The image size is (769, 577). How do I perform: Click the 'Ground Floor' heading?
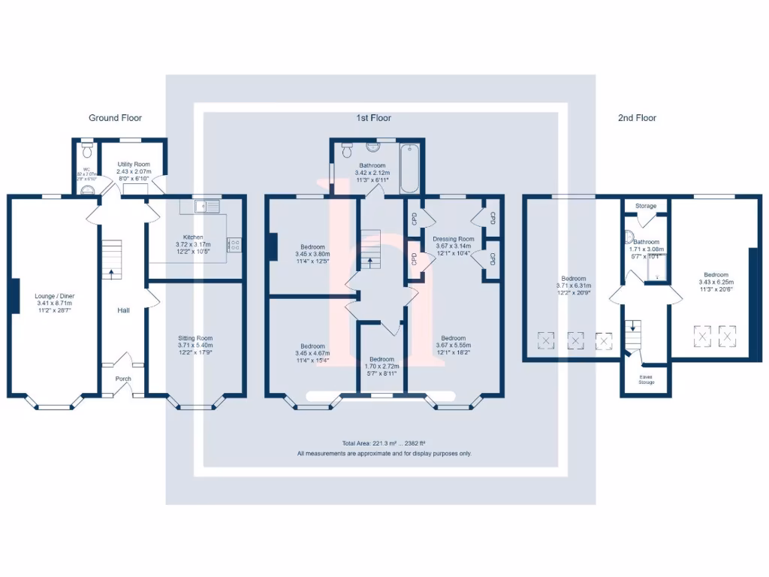[x=115, y=118]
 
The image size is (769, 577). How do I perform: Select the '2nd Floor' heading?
[x=637, y=118]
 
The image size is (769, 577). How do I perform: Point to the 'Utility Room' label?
[x=133, y=164]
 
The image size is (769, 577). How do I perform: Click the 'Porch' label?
[x=123, y=379]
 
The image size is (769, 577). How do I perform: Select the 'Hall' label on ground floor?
[x=123, y=310]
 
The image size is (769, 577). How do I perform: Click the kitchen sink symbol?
[x=204, y=205]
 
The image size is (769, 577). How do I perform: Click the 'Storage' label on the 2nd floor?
[x=645, y=206]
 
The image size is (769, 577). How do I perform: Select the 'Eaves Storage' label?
[x=646, y=380]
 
